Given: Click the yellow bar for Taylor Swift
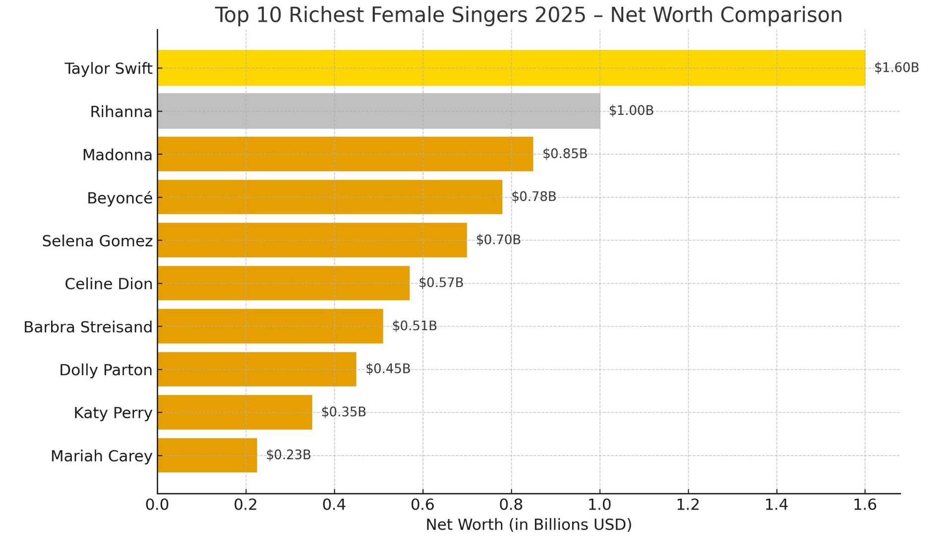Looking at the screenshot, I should (x=511, y=68).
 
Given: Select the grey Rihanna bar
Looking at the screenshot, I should (x=378, y=111).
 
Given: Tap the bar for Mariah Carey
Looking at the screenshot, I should (x=207, y=455).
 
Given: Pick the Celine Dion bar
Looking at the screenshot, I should (x=284, y=283).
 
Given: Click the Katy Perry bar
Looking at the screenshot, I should (x=235, y=412).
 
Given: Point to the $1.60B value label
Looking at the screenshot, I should (x=896, y=67).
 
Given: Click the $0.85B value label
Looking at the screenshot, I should (x=565, y=154).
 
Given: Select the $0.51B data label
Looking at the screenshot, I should (x=414, y=326).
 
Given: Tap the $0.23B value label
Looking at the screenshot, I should (x=288, y=455).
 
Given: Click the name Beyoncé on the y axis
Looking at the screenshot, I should (x=119, y=198).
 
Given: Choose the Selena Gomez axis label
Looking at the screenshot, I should (x=97, y=241).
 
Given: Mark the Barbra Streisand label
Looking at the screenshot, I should (x=88, y=327).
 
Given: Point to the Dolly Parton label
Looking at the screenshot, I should (x=106, y=370).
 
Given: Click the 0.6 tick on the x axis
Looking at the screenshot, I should (x=422, y=505).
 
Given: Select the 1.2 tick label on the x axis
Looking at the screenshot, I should (x=688, y=505).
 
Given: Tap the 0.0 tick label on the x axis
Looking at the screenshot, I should (x=157, y=505).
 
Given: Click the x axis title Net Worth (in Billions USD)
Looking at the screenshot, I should (x=529, y=525).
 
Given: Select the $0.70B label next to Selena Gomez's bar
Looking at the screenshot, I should (x=498, y=240).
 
